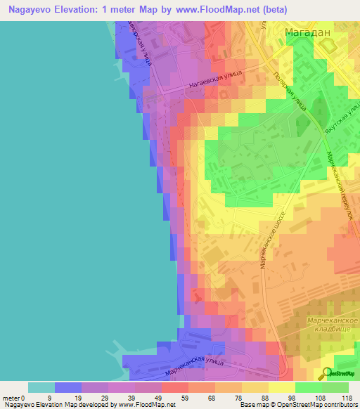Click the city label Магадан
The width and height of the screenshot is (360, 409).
click(x=307, y=32)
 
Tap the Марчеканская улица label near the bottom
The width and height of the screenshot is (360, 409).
click(x=193, y=365)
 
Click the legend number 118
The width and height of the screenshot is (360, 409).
click(x=347, y=398)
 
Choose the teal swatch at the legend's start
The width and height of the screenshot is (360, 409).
click(x=41, y=387)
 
